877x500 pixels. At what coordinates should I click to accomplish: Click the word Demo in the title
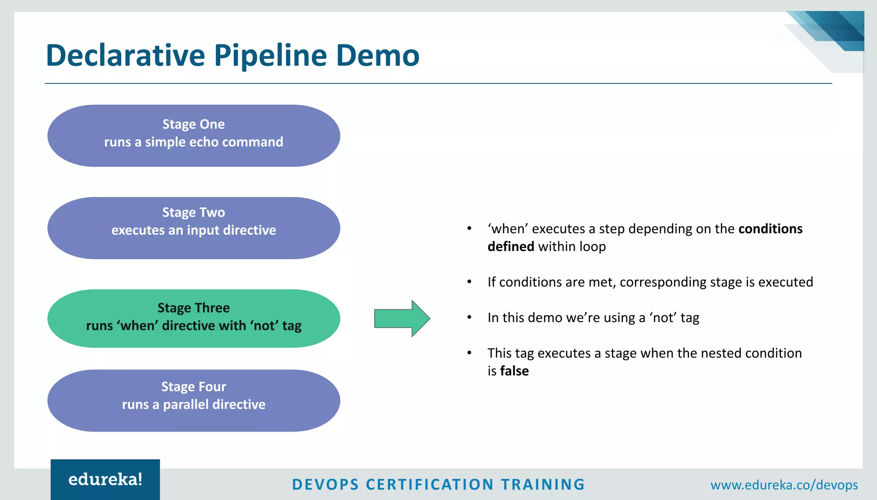coord(377,56)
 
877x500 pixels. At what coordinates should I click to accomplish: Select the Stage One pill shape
coord(194,136)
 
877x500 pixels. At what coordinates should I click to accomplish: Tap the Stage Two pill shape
coord(194,228)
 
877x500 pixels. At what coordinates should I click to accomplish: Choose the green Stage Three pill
coord(194,318)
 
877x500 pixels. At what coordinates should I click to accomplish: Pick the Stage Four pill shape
coord(194,400)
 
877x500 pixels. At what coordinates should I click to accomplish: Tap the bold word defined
coord(510,247)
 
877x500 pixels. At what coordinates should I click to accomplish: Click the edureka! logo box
coord(105,479)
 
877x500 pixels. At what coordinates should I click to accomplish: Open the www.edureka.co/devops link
coord(784,485)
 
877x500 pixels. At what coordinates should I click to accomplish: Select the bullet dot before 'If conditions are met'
coord(469,282)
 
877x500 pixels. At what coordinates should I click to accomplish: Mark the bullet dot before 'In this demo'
coord(469,317)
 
